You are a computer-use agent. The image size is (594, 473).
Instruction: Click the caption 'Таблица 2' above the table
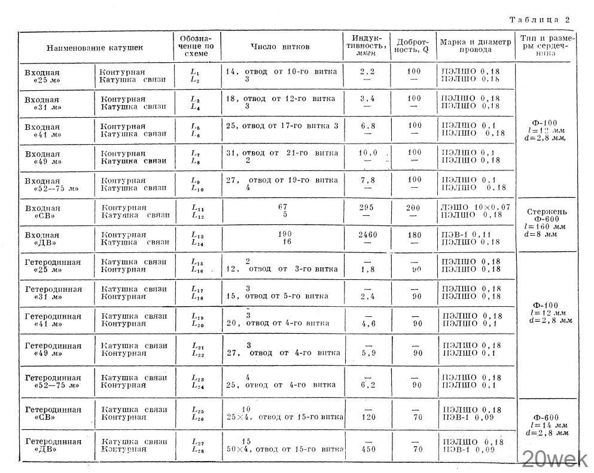[539, 20]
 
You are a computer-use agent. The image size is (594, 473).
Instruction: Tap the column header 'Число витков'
[280, 47]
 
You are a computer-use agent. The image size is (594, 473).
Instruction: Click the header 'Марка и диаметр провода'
[476, 47]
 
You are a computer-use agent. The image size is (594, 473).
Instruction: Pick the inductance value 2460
[367, 235]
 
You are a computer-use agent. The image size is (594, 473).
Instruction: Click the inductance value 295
[367, 207]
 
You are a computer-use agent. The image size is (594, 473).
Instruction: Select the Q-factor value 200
[413, 207]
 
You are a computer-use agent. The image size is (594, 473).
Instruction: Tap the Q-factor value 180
[413, 235]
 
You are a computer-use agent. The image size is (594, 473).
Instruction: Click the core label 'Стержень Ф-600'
[547, 215]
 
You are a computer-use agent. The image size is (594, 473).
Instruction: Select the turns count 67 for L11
[283, 207]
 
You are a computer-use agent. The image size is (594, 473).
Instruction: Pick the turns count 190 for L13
[283, 235]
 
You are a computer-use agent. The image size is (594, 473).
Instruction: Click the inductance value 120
[367, 417]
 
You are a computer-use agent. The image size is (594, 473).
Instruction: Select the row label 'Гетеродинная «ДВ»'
[53, 445]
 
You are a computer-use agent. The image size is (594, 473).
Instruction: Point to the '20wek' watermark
[555, 459]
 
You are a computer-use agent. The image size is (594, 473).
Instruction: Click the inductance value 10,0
[368, 152]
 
